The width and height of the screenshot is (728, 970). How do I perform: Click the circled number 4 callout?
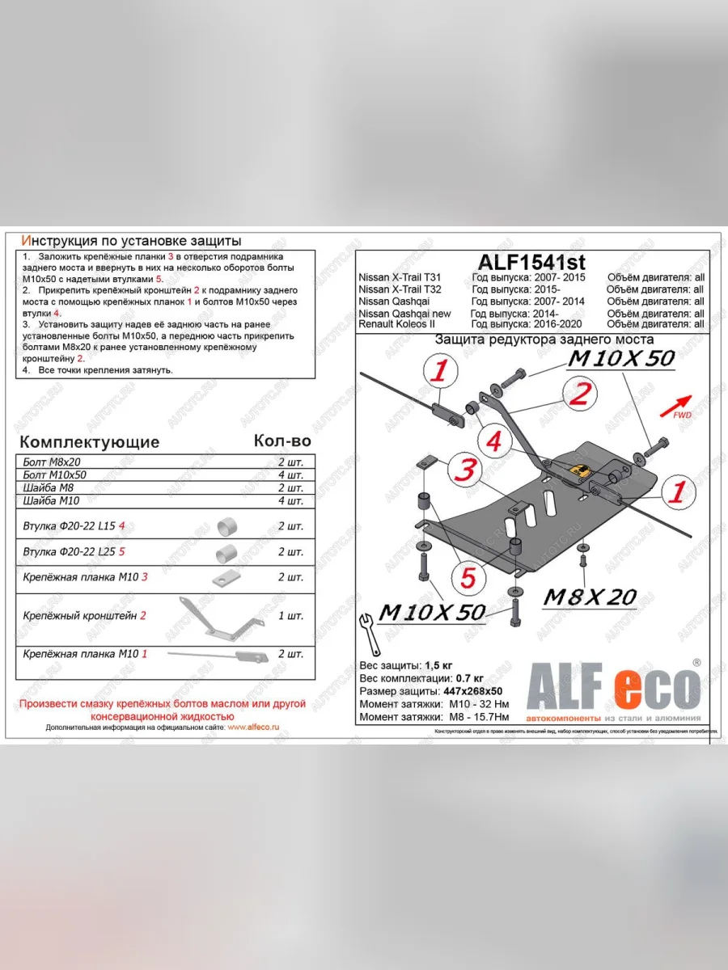[493, 441]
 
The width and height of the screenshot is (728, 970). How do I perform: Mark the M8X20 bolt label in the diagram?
[590, 597]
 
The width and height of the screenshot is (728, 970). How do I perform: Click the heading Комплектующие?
[89, 442]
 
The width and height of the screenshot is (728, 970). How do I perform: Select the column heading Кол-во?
[281, 441]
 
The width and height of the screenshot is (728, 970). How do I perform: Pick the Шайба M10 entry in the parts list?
[53, 501]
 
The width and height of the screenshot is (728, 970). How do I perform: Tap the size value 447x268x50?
[472, 691]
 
